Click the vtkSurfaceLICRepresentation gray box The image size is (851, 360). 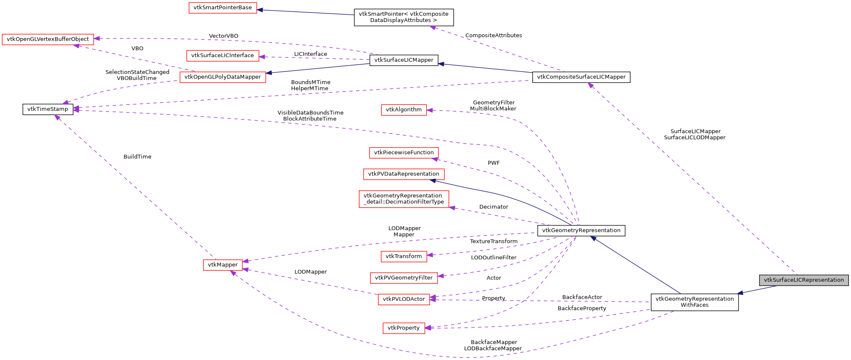(804, 280)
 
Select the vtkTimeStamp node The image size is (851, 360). (48, 109)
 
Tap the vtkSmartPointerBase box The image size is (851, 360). (223, 8)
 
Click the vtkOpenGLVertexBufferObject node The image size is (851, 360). (48, 39)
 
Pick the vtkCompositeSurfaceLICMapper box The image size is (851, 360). (581, 77)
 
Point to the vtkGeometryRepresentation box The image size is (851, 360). (581, 231)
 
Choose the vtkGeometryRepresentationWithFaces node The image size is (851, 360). (694, 302)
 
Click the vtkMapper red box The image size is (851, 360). (223, 265)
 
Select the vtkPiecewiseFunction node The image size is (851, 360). (404, 153)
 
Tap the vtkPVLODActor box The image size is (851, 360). (404, 299)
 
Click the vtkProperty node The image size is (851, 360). (404, 328)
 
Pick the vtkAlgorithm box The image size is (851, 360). (404, 110)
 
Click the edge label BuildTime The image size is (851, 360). (137, 157)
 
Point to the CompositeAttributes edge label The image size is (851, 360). (493, 36)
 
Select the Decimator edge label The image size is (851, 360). (493, 207)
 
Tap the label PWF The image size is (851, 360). (493, 163)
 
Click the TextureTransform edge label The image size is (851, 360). (493, 242)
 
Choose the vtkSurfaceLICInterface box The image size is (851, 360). (223, 55)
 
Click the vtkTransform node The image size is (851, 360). (404, 256)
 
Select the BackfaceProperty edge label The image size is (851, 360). (581, 308)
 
